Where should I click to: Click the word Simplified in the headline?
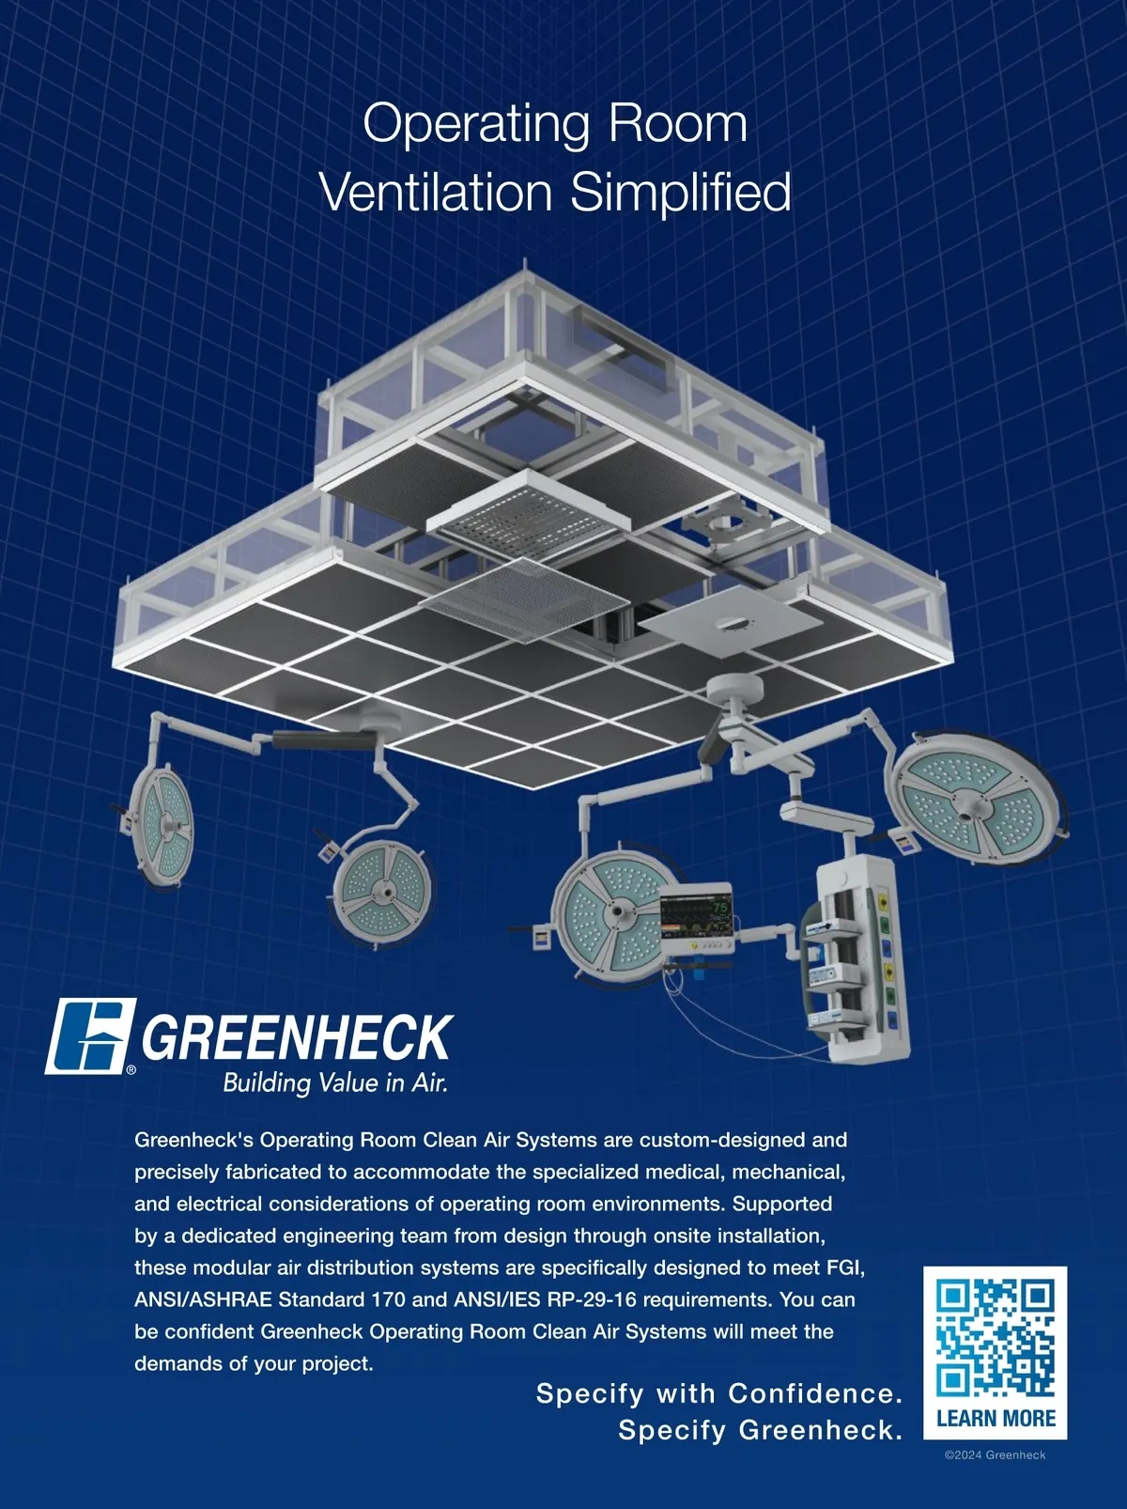click(x=680, y=194)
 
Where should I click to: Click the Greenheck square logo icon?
click(x=90, y=1036)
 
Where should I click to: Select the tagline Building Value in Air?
click(x=335, y=1082)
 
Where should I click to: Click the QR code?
click(x=996, y=1337)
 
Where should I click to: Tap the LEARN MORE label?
click(x=996, y=1418)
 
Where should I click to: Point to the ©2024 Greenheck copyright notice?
click(x=996, y=1455)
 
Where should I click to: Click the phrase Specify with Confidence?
click(x=718, y=1393)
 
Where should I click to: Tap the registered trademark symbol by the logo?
click(x=131, y=1069)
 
